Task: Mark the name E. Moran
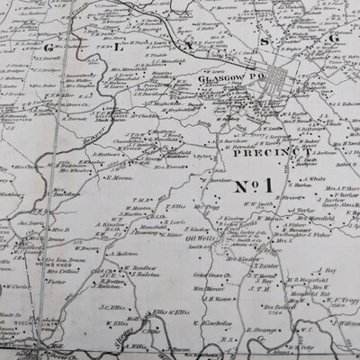[x=120, y=176]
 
